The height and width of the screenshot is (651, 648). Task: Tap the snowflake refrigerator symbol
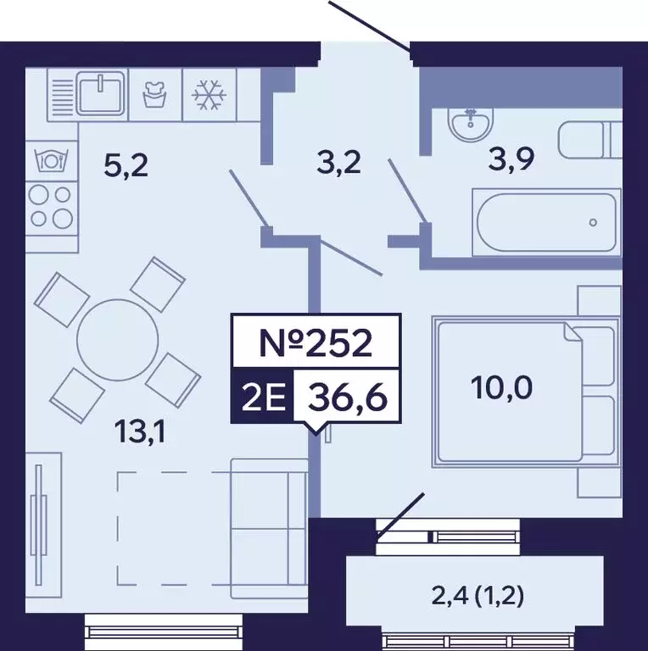206,95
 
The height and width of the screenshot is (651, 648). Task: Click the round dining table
117,340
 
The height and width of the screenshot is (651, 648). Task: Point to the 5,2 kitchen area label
126,164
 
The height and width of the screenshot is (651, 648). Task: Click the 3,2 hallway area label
338,161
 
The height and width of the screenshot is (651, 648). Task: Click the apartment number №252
316,343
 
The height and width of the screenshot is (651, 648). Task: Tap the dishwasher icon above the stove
50,159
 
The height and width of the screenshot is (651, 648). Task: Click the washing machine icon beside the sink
154,93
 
